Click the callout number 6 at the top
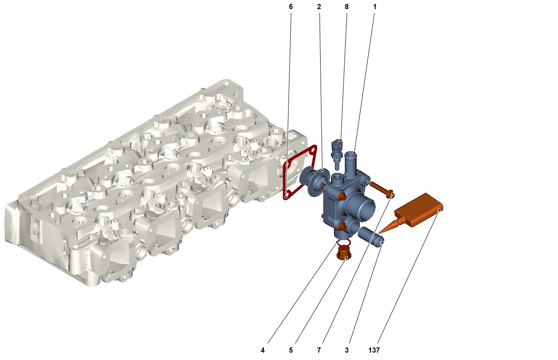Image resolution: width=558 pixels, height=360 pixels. (291, 7)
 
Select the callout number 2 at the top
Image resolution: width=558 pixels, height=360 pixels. (319, 7)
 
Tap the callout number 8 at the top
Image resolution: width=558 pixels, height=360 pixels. (347, 7)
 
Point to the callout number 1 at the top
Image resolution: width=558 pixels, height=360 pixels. (375, 7)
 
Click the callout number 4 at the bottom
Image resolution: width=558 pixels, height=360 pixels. (263, 350)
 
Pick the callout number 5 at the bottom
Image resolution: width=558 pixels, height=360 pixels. (291, 350)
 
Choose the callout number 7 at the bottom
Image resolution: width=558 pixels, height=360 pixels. (319, 350)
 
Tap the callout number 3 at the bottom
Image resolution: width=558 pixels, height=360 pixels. (347, 350)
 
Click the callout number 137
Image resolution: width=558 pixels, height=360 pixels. (374, 350)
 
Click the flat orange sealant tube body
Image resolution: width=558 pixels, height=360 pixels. (419, 210)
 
